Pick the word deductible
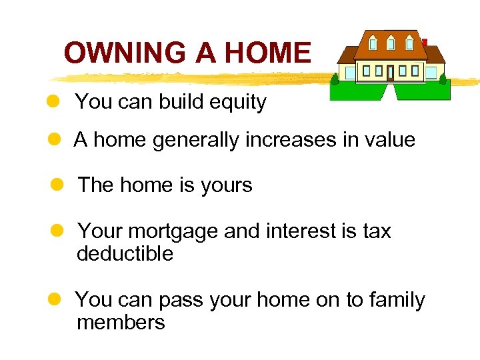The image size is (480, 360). click(x=125, y=254)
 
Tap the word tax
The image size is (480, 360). click(x=377, y=231)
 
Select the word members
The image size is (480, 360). click(x=121, y=323)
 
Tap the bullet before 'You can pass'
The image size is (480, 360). click(x=56, y=300)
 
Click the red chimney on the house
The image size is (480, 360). click(x=424, y=42)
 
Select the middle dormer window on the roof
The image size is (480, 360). click(x=391, y=43)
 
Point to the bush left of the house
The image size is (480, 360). click(x=335, y=79)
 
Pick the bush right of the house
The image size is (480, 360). click(x=443, y=78)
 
